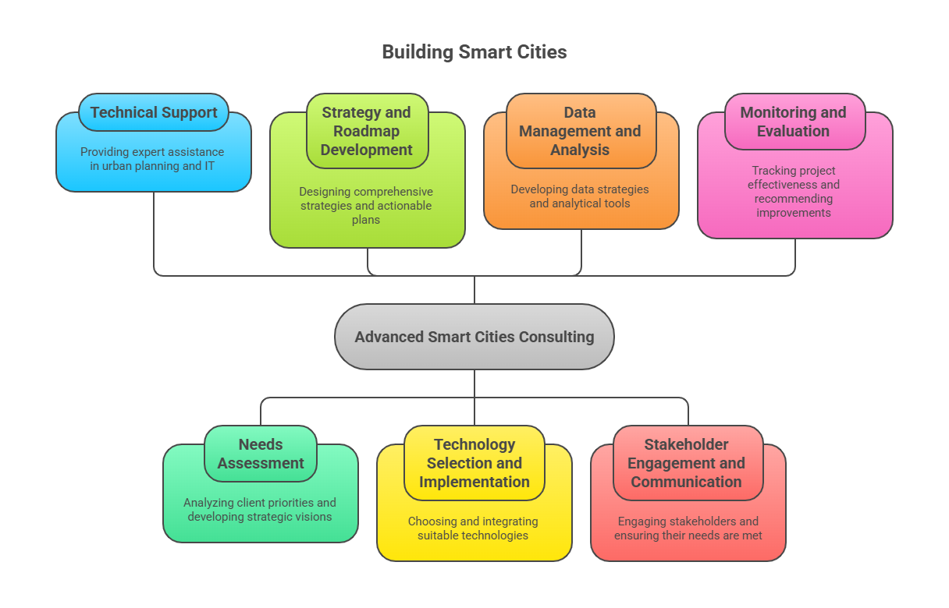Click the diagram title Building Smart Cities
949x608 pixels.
pos(474,52)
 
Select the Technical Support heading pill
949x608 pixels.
pos(154,112)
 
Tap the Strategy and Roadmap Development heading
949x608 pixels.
pos(367,131)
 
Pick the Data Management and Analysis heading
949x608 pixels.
pos(580,131)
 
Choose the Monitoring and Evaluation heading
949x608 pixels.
pos(793,122)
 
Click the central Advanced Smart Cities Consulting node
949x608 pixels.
pos(474,337)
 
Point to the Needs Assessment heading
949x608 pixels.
pos(261,454)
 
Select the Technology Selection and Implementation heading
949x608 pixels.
pos(474,463)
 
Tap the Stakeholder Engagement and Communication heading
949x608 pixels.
pos(687,463)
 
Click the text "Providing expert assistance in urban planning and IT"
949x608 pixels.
pos(152,159)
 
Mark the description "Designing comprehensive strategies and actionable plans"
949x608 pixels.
pos(366,206)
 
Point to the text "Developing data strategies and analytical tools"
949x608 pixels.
pos(580,196)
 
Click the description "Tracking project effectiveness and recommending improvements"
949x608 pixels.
pos(794,192)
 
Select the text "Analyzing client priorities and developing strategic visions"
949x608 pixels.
pos(260,510)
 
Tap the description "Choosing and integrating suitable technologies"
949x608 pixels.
pos(473,528)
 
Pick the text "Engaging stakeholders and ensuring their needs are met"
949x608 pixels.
pos(688,528)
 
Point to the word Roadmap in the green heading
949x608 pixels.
pos(367,131)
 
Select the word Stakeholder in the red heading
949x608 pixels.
pos(687,444)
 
